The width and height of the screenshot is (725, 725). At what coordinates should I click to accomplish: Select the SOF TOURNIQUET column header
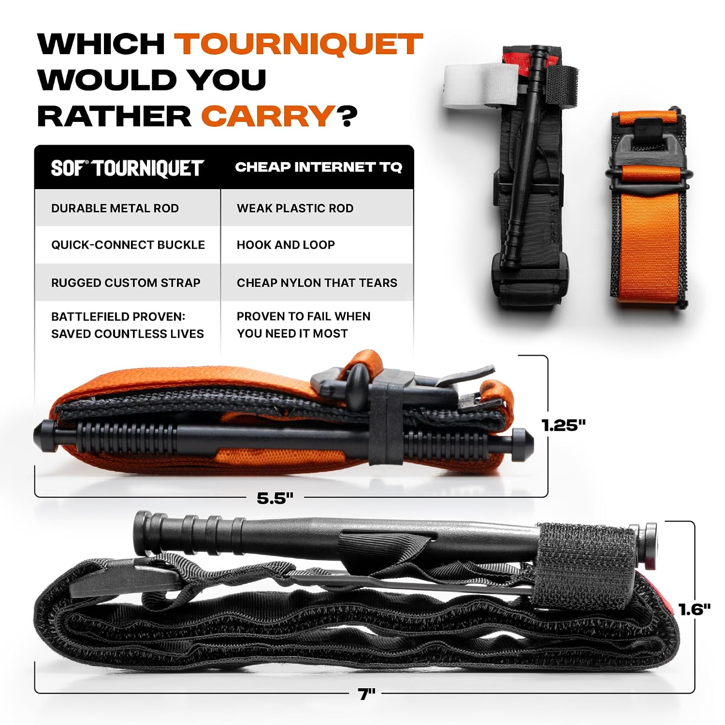(128, 168)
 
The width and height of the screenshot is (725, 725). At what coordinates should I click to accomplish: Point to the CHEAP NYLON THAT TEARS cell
(317, 282)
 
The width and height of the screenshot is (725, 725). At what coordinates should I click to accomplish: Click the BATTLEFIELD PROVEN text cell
(128, 325)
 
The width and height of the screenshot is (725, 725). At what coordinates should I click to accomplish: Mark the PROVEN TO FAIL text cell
(304, 325)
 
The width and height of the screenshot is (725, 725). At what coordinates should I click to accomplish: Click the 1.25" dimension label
(564, 425)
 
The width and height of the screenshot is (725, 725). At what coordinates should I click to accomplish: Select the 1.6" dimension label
(694, 609)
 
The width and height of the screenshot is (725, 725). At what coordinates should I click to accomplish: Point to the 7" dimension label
(367, 694)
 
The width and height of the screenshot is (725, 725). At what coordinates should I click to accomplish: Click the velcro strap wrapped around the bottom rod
(584, 565)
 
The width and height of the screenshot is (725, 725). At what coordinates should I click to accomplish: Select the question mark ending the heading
(347, 117)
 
